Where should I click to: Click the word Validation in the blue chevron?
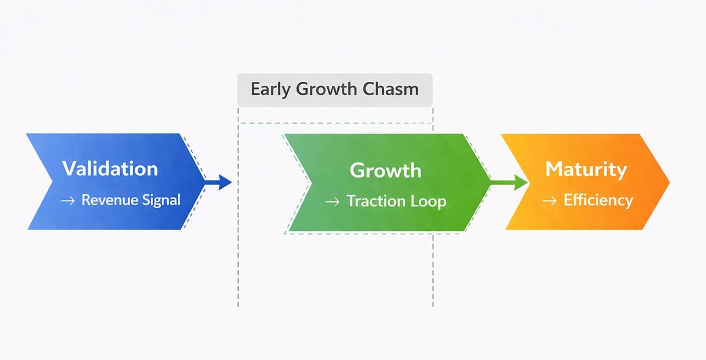pyautogui.click(x=110, y=169)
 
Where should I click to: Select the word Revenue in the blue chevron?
pyautogui.click(x=105, y=200)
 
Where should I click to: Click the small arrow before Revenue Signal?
pyautogui.click(x=68, y=201)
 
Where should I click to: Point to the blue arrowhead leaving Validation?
pyautogui.click(x=224, y=182)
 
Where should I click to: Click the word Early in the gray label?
pyautogui.click(x=272, y=89)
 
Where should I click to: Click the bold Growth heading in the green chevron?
pyautogui.click(x=385, y=170)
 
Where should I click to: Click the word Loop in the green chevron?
pyautogui.click(x=429, y=201)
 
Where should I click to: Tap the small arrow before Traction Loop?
pyautogui.click(x=332, y=202)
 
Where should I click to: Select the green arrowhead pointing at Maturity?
pyautogui.click(x=520, y=182)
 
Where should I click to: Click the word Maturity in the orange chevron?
pyautogui.click(x=586, y=169)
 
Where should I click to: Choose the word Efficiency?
pyautogui.click(x=598, y=200)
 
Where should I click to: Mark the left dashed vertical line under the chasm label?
pyautogui.click(x=238, y=265)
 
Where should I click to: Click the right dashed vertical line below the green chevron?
pyautogui.click(x=433, y=271)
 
